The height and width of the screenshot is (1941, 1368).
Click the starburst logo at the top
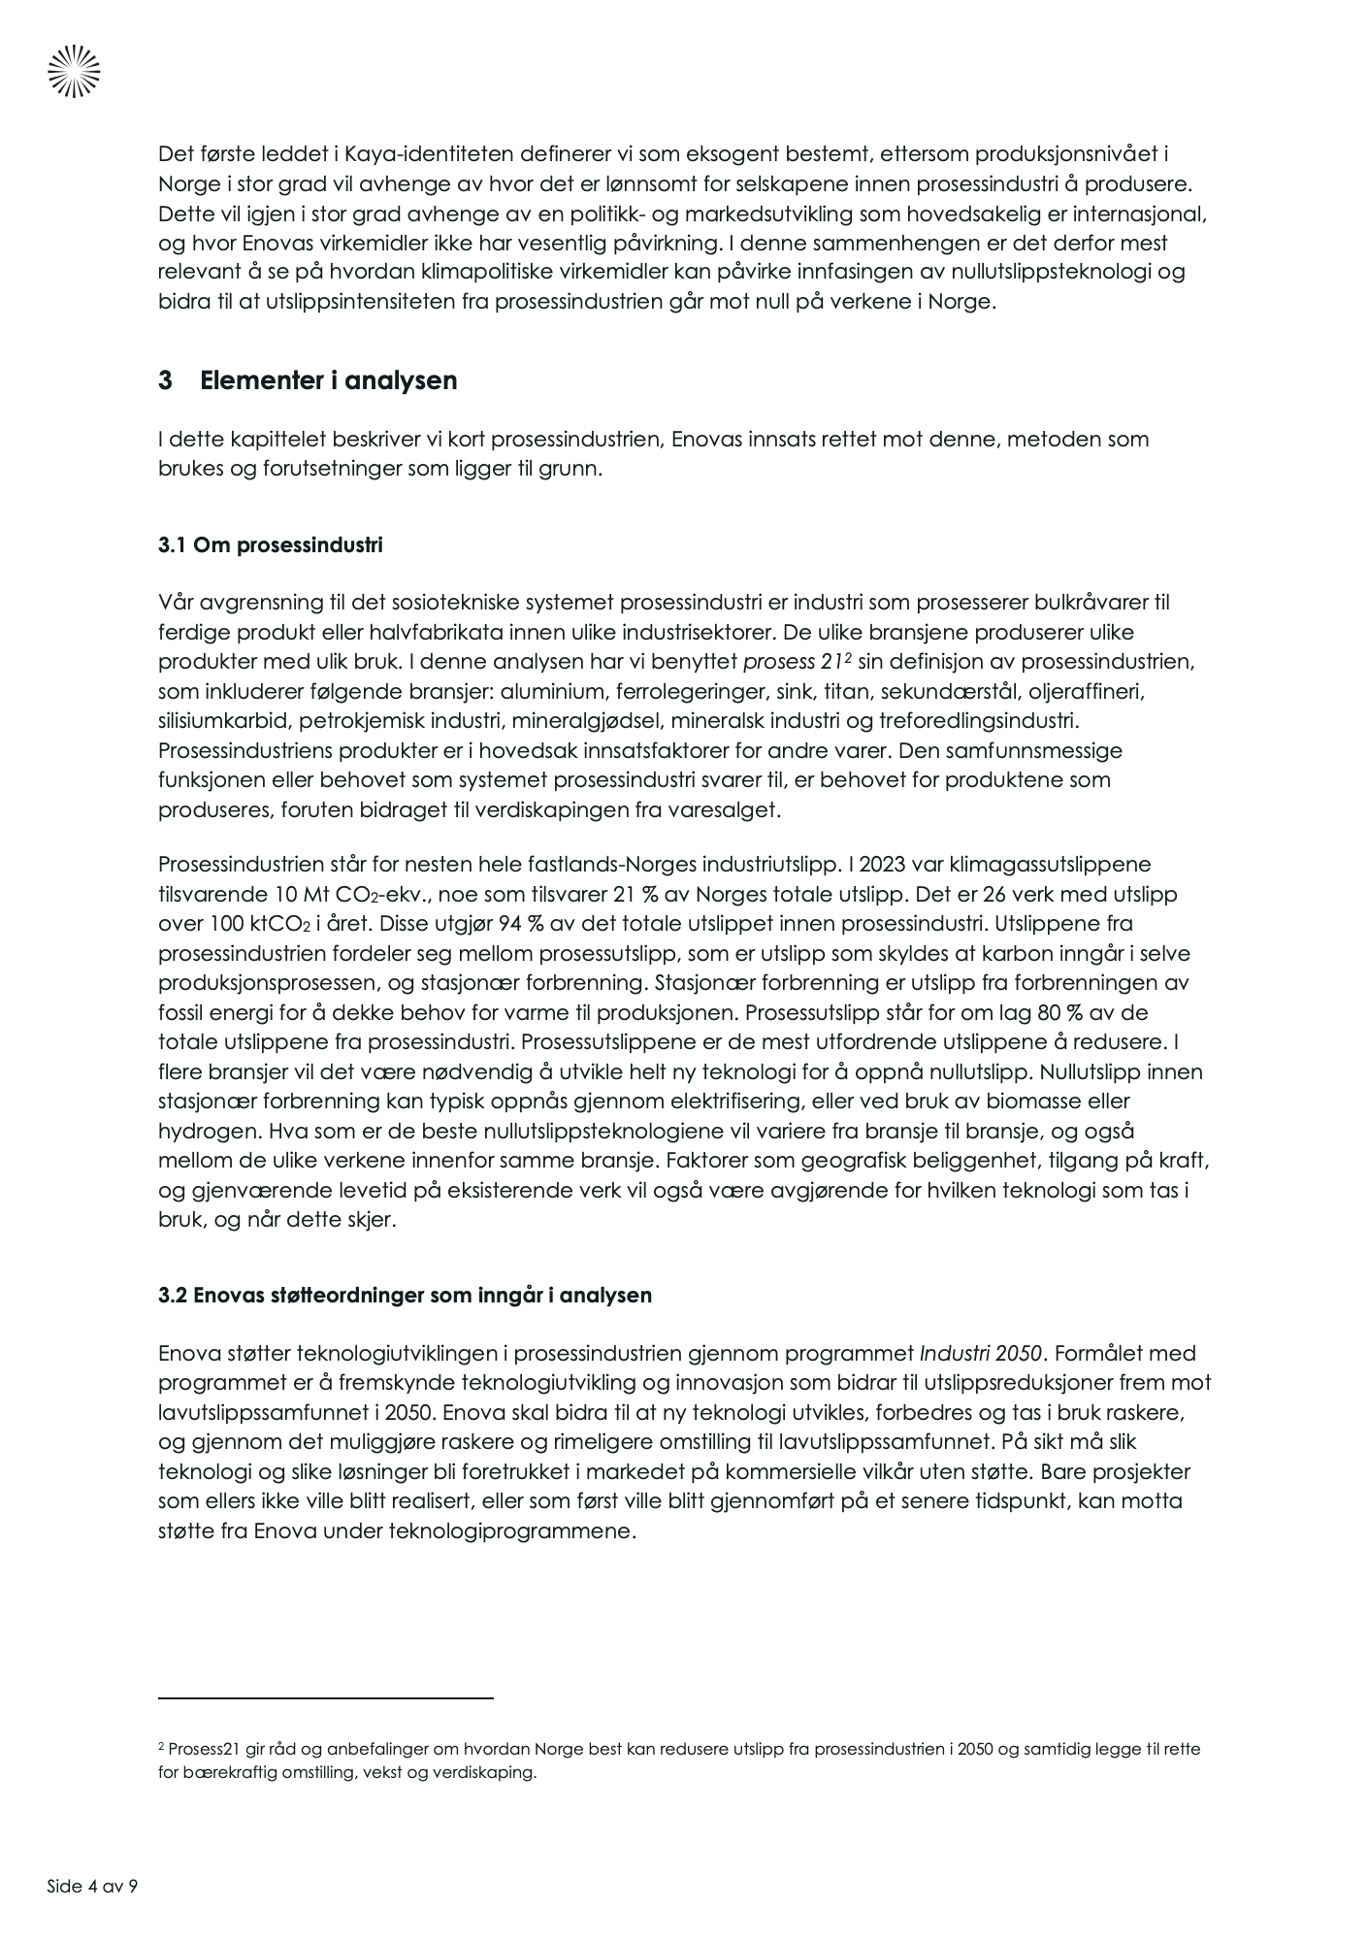click(74, 72)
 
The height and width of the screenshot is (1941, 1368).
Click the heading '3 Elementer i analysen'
click(308, 380)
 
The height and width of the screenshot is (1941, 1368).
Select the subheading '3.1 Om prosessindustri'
click(270, 545)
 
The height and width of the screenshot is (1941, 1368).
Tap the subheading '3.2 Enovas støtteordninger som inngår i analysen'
click(405, 1296)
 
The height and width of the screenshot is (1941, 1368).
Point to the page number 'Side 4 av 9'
click(92, 1887)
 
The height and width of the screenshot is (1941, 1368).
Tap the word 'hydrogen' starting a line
click(204, 1132)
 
